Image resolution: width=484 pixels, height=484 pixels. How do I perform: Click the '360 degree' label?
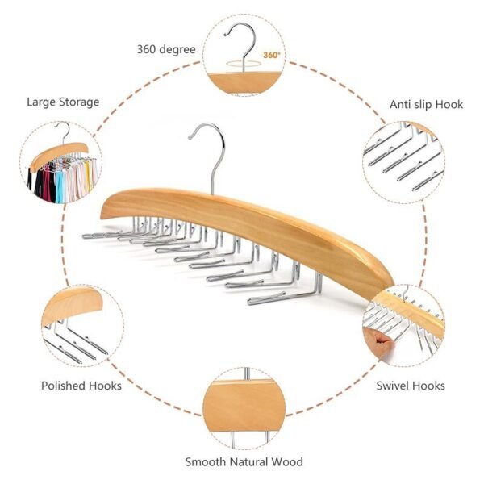[x=165, y=49]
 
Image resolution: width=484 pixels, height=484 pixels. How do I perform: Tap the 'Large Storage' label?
[x=63, y=102]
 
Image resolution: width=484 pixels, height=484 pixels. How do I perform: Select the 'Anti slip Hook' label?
[x=427, y=104]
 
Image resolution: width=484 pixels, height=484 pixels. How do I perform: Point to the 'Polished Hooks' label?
[x=81, y=386]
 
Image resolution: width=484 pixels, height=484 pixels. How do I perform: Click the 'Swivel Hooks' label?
[x=411, y=386]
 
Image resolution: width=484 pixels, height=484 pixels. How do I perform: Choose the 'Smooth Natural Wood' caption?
[x=244, y=461]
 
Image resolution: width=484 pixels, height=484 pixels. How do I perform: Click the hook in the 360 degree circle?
[x=240, y=44]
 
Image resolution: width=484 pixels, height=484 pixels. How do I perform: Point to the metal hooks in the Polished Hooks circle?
[x=77, y=343]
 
